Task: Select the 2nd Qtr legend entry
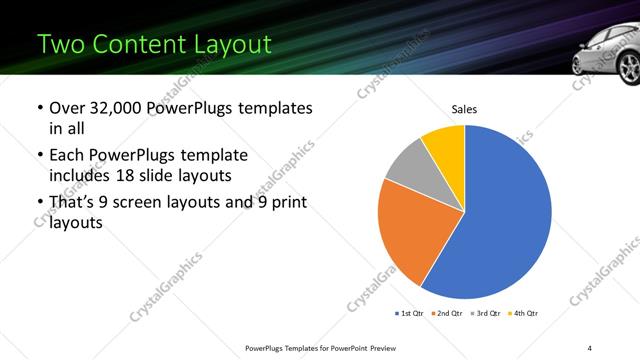click(447, 314)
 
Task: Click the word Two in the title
click(61, 44)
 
